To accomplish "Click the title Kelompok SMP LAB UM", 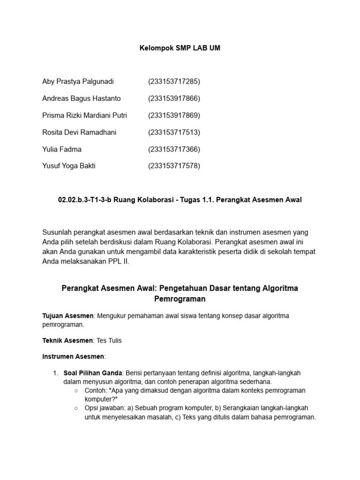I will click(x=180, y=48).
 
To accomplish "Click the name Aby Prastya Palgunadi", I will click(x=78, y=82).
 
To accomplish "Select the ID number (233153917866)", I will click(x=174, y=98).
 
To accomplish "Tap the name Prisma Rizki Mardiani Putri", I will click(x=84, y=115).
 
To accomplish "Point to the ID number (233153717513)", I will click(x=174, y=132).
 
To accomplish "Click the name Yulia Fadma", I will click(x=62, y=149).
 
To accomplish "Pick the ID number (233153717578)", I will click(x=174, y=166).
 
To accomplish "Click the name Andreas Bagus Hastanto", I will click(x=82, y=98).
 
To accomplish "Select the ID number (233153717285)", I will click(x=174, y=82).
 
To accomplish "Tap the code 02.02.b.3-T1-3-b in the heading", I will click(x=84, y=200).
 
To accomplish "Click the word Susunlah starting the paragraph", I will click(x=57, y=232).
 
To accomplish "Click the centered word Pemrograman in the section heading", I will click(x=180, y=299).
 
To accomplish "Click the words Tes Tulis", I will click(x=109, y=340).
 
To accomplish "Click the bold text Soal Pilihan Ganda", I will click(x=93, y=373).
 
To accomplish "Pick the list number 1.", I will click(x=55, y=373).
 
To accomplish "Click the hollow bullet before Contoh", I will click(x=76, y=390).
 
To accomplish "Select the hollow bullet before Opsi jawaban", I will click(x=76, y=408).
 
